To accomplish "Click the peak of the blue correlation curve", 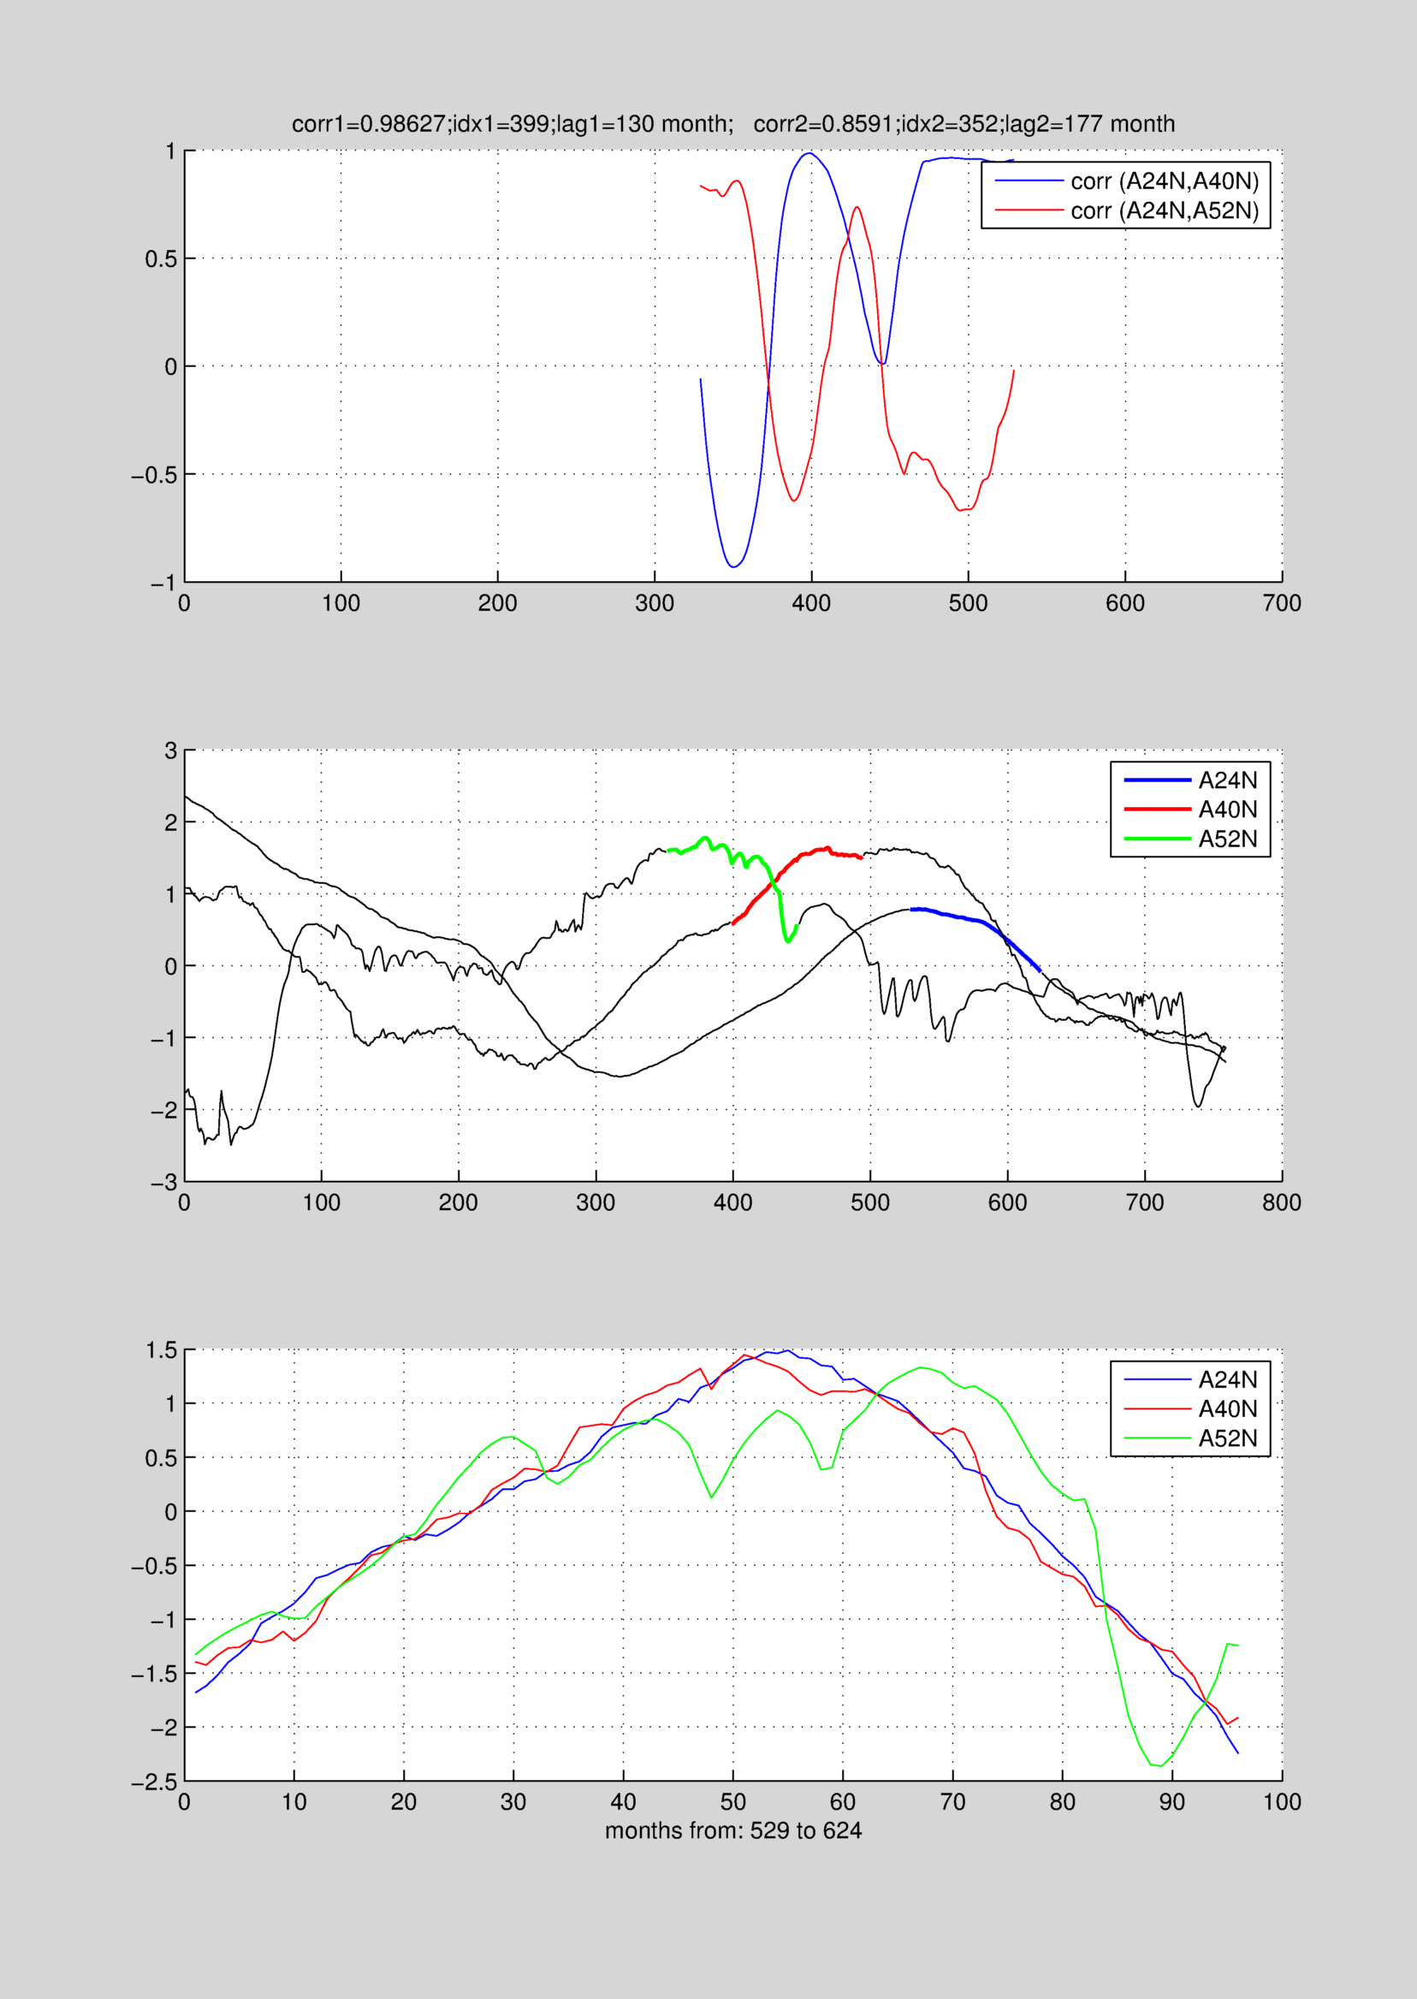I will tap(809, 153).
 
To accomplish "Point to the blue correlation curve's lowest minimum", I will tap(735, 567).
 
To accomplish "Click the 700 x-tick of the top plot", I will tap(1281, 603).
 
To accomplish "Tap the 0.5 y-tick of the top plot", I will tap(161, 259).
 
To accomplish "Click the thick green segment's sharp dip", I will tap(788, 941).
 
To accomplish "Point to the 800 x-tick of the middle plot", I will tap(1281, 1202).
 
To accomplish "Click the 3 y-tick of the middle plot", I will tap(171, 751).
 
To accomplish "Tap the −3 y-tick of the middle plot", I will tap(164, 1183).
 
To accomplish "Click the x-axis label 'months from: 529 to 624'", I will tap(733, 1830).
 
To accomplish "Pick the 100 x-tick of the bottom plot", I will tap(1281, 1802).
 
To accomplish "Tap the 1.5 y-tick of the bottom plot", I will tap(161, 1350).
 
